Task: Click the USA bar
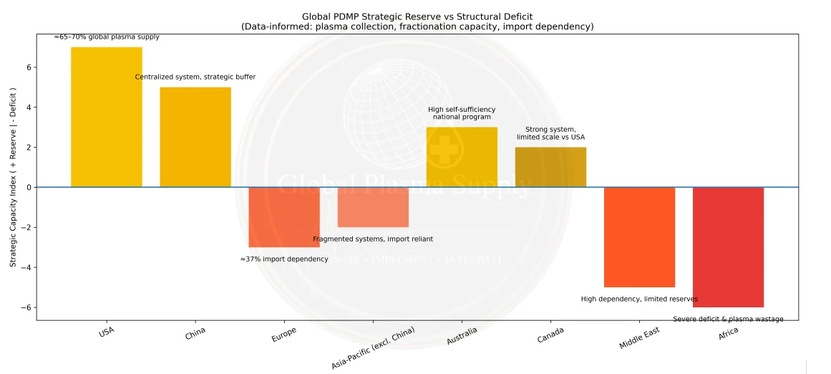(107, 117)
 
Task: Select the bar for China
(195, 137)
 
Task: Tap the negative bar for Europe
(284, 217)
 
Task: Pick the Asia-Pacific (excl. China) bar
(373, 207)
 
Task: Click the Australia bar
(462, 157)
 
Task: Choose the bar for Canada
(550, 167)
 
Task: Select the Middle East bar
(639, 237)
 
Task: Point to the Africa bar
(728, 247)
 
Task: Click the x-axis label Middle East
(639, 338)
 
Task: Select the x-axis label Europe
(284, 335)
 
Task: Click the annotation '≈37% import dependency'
(284, 259)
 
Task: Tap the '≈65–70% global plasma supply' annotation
(107, 37)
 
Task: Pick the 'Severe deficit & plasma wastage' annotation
(728, 319)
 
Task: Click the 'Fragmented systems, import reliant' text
(373, 239)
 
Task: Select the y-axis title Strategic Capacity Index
(13, 178)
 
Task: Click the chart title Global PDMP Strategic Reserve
(417, 16)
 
